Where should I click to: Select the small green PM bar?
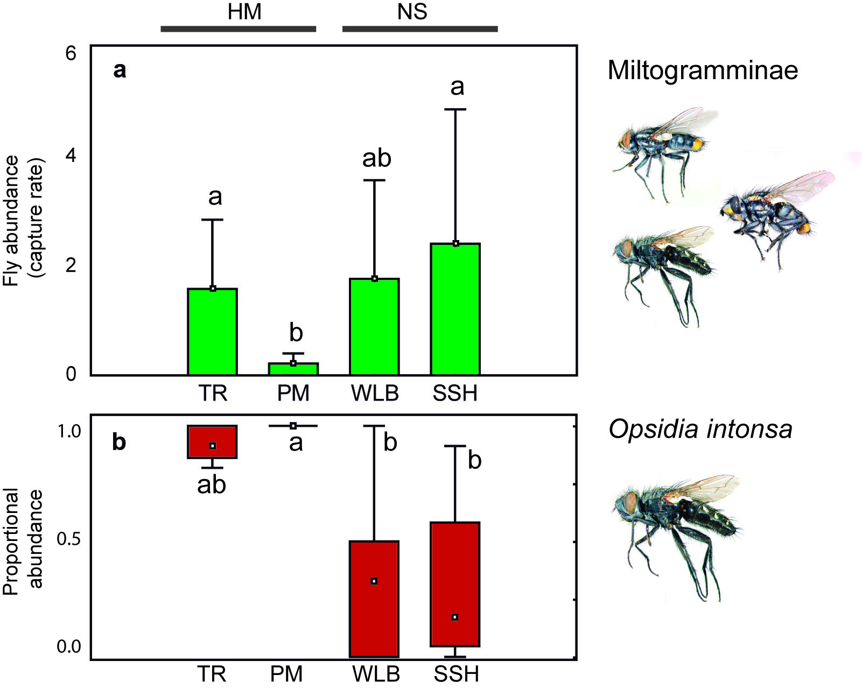tap(293, 369)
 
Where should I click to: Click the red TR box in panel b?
tap(212, 441)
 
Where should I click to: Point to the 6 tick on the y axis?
tap(71, 54)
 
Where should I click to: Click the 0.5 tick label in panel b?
tap(68, 539)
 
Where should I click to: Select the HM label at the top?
tap(244, 12)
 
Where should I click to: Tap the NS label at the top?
tap(412, 12)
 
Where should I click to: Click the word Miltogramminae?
tap(703, 71)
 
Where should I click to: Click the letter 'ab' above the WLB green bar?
tap(376, 159)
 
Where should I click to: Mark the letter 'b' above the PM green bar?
tap(296, 333)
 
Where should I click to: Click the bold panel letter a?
tap(120, 71)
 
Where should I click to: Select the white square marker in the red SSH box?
tap(455, 617)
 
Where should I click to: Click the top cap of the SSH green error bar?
tap(455, 109)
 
